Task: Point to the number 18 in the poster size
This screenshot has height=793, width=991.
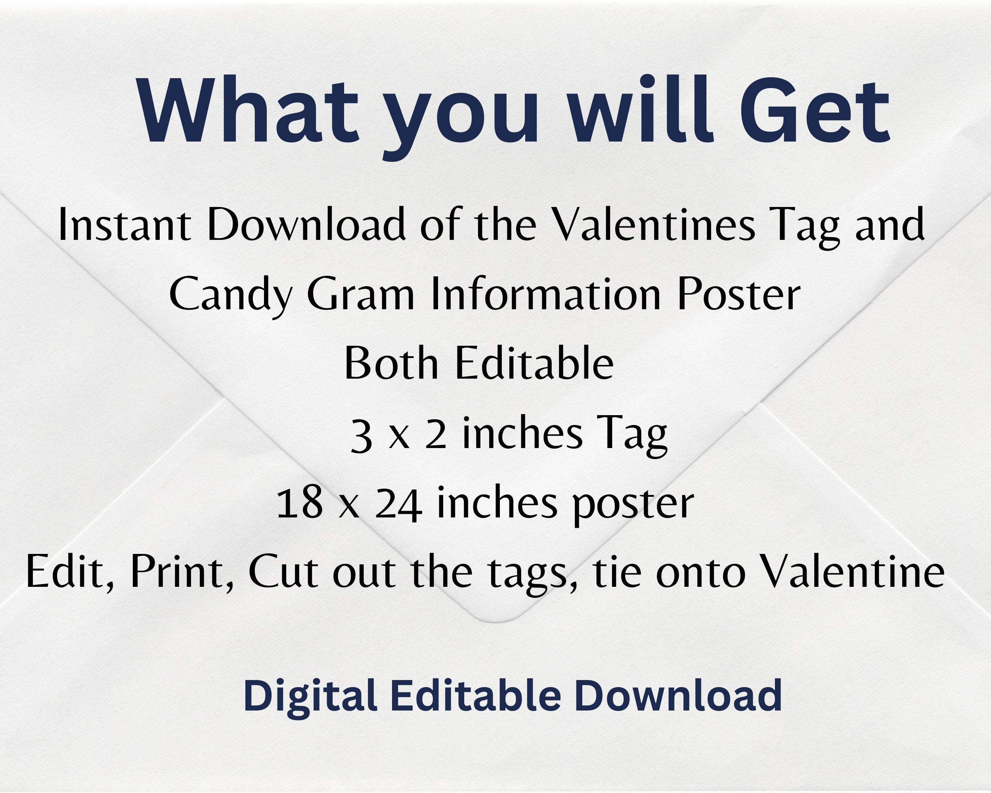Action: tap(299, 504)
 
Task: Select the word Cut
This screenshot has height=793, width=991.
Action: tap(283, 572)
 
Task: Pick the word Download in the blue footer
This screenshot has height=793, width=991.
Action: tap(678, 695)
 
